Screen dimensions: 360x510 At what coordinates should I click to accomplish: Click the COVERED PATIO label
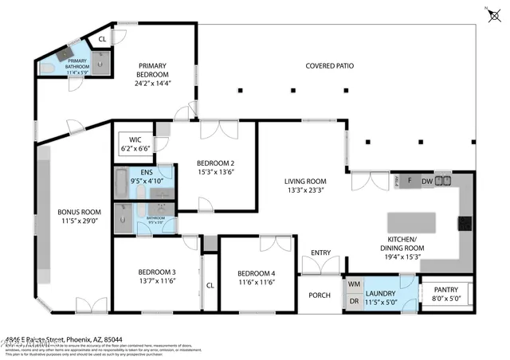pyautogui.click(x=329, y=66)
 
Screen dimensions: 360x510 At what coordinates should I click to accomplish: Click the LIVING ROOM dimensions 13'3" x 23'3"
pyautogui.click(x=306, y=190)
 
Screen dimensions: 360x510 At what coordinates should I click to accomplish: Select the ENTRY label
pyautogui.click(x=320, y=253)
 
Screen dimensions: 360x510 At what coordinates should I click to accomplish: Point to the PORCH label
pyautogui.click(x=320, y=295)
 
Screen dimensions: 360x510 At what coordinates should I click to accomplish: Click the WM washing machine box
pyautogui.click(x=354, y=284)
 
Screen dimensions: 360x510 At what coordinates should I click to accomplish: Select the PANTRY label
pyautogui.click(x=446, y=289)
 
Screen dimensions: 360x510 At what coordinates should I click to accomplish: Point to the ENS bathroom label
pyautogui.click(x=147, y=173)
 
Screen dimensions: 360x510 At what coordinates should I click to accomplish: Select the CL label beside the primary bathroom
pyautogui.click(x=102, y=38)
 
